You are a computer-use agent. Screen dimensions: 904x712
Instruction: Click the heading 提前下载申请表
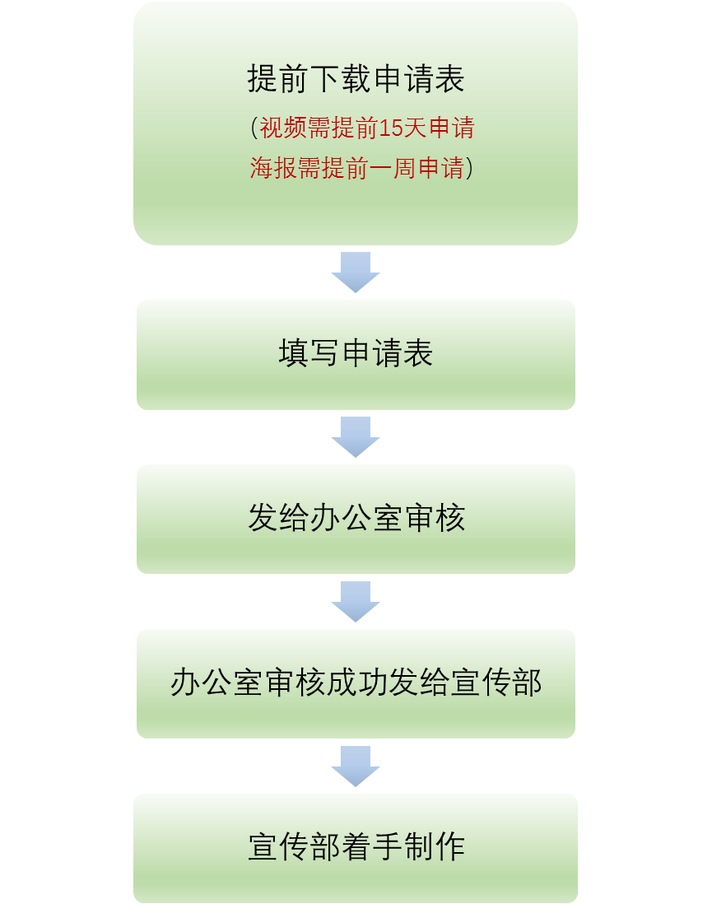[356, 79]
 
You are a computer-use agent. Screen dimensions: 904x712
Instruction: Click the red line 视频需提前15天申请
[367, 128]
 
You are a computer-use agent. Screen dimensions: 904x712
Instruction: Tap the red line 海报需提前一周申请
[356, 168]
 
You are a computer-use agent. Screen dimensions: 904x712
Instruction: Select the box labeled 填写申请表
[356, 354]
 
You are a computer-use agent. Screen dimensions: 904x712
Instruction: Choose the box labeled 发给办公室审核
[356, 519]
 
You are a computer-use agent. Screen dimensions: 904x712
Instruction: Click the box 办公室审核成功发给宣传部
[356, 683]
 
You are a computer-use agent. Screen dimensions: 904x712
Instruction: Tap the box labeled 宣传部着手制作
[356, 848]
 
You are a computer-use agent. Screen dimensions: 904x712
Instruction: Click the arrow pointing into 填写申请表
[356, 272]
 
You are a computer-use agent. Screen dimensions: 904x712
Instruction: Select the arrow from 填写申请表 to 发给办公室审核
[356, 436]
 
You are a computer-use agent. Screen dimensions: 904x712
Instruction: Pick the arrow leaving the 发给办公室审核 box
[356, 601]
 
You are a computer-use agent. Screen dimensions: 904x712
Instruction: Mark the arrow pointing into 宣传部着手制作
[356, 766]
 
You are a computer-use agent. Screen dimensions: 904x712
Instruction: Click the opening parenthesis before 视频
[254, 128]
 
